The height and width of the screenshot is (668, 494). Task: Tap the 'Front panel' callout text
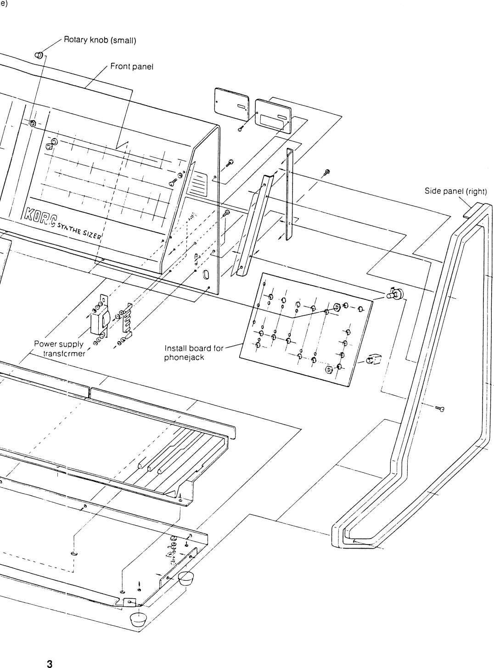[132, 67]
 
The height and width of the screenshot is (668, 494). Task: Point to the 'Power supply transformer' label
[60, 348]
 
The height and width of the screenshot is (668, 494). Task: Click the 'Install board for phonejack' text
[193, 352]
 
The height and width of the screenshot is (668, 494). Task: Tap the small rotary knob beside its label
[39, 55]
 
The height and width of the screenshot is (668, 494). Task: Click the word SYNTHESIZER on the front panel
[81, 229]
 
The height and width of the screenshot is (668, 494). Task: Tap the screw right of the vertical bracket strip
[327, 172]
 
